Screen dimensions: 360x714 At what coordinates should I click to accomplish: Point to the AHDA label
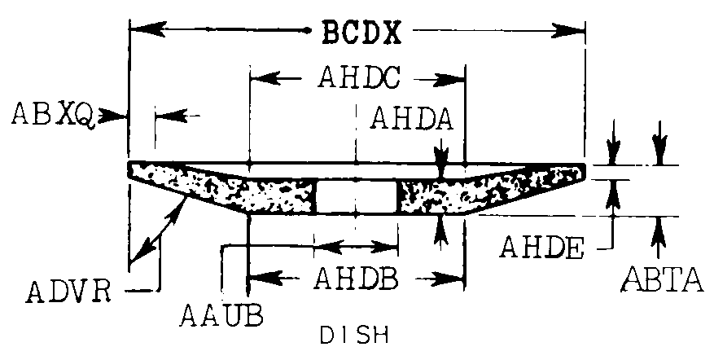click(x=410, y=119)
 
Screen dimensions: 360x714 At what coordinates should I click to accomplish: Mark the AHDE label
click(x=541, y=246)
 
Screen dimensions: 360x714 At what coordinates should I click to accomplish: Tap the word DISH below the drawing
click(x=353, y=334)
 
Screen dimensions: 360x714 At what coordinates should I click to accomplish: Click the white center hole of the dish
click(x=356, y=197)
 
